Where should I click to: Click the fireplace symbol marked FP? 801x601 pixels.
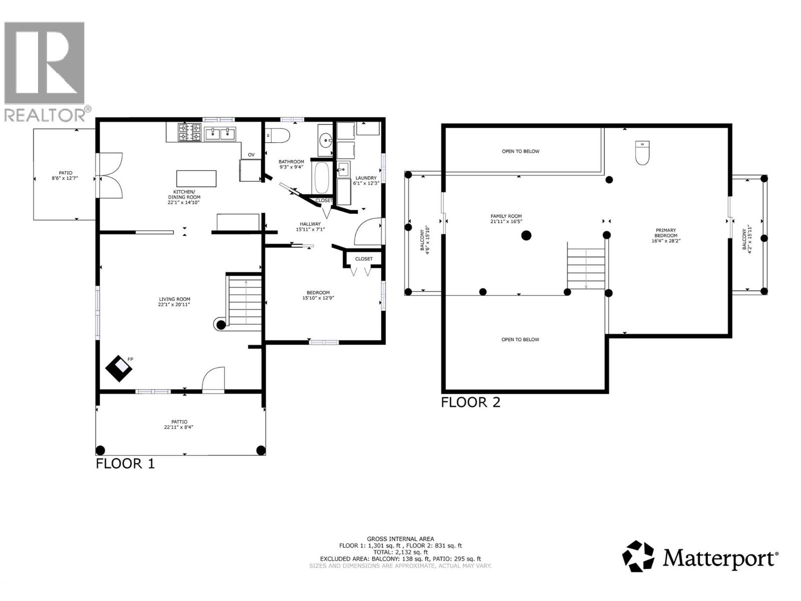pyautogui.click(x=119, y=369)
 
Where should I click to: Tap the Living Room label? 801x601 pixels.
pyautogui.click(x=174, y=302)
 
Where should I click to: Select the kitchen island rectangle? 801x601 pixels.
pyautogui.click(x=196, y=179)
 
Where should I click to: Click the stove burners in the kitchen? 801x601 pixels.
pyautogui.click(x=189, y=133)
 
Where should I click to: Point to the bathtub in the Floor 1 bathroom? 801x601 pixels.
pyautogui.click(x=321, y=178)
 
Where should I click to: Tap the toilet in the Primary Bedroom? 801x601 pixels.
pyautogui.click(x=642, y=153)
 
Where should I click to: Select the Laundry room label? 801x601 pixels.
pyautogui.click(x=366, y=180)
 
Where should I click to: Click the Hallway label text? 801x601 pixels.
pyautogui.click(x=310, y=226)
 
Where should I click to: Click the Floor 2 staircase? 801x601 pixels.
pyautogui.click(x=586, y=265)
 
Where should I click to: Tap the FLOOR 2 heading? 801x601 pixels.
pyautogui.click(x=470, y=402)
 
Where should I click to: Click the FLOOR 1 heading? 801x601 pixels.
pyautogui.click(x=125, y=463)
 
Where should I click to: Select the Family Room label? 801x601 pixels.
pyautogui.click(x=506, y=218)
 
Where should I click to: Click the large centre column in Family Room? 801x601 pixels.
pyautogui.click(x=526, y=235)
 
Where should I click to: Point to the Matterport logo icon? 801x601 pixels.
pyautogui.click(x=638, y=556)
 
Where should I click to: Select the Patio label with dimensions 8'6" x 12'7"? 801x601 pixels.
pyautogui.click(x=65, y=176)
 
